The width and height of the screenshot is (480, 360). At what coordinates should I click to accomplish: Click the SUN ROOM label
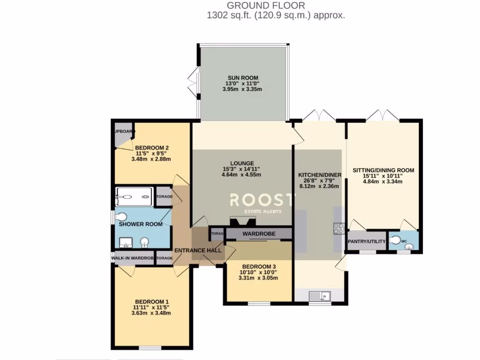[243, 78]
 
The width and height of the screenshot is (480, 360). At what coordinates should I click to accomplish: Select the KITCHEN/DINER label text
[320, 175]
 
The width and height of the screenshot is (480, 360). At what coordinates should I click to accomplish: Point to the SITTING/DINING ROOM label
[383, 170]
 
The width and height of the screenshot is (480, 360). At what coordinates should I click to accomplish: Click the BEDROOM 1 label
[151, 301]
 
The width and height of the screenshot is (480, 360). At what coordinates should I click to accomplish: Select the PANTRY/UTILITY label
[367, 241]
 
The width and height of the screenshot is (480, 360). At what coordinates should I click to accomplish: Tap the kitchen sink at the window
[320, 296]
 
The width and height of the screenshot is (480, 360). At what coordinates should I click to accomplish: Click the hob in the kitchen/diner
[338, 229]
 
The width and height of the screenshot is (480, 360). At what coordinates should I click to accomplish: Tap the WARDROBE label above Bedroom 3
[259, 233]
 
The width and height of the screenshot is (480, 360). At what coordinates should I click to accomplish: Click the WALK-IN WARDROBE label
[133, 258]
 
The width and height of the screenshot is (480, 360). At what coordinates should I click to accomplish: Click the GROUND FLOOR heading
[266, 6]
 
